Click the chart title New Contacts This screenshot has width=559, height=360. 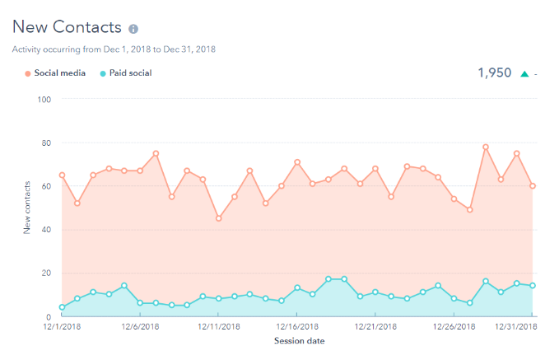pyautogui.click(x=67, y=29)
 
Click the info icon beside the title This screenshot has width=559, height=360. pyautogui.click(x=133, y=30)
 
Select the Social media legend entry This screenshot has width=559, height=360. pyautogui.click(x=54, y=73)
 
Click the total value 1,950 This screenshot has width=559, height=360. pyautogui.click(x=494, y=73)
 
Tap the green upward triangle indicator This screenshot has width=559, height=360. pyautogui.click(x=524, y=74)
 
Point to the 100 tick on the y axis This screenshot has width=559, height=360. pyautogui.click(x=45, y=100)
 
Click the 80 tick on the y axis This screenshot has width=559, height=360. pyautogui.click(x=47, y=143)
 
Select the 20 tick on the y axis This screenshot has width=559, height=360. pyautogui.click(x=47, y=273)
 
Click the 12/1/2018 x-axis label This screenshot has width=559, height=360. pyautogui.click(x=62, y=327)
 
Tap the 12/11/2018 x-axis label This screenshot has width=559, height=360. pyautogui.click(x=218, y=327)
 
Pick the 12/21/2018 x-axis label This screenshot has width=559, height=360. pyautogui.click(x=375, y=327)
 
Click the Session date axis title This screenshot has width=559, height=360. pyautogui.click(x=298, y=341)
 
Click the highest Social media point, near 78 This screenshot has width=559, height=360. pyautogui.click(x=486, y=147)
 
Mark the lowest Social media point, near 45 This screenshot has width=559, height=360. pyautogui.click(x=218, y=218)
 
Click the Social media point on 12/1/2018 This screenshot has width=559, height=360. pyautogui.click(x=62, y=175)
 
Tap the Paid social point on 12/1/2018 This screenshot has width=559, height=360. pyautogui.click(x=62, y=307)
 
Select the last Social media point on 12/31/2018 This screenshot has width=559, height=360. pyautogui.click(x=533, y=185)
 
